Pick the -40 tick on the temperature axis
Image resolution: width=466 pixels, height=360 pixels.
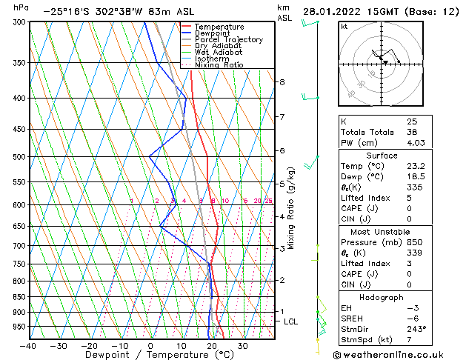tap(27, 346)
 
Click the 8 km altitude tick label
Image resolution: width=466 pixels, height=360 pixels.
tap(282, 81)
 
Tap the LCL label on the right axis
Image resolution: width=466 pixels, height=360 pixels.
tap(290, 321)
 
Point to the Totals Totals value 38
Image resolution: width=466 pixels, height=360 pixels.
tap(412, 132)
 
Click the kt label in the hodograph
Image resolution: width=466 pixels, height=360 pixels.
tap(344, 27)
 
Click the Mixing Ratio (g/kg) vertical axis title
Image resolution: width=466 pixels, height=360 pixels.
tap(290, 207)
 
